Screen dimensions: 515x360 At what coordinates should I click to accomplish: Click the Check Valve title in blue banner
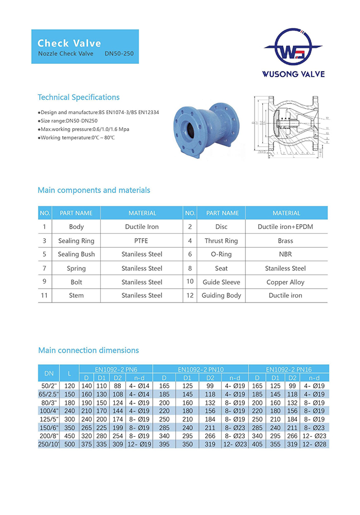click(x=69, y=43)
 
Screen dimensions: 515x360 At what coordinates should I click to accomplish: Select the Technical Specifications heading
click(x=79, y=97)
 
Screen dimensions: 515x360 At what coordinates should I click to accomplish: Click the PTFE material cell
click(x=141, y=241)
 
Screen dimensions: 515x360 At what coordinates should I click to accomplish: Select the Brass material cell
click(x=285, y=241)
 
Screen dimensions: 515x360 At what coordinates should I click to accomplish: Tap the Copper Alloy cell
click(x=285, y=282)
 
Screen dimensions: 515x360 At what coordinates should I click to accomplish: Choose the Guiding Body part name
click(x=221, y=295)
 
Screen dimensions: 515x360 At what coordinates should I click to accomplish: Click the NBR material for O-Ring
click(x=285, y=254)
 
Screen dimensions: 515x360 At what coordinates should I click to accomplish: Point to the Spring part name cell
click(x=76, y=268)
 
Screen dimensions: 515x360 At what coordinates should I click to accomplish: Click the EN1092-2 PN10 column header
click(x=201, y=369)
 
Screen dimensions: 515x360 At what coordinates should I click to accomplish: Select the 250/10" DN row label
click(x=49, y=444)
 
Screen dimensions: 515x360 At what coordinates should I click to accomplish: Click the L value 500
click(x=69, y=444)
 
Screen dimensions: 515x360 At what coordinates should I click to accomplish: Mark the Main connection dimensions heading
click(x=88, y=350)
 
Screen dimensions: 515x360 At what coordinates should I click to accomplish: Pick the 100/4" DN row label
click(x=49, y=411)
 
